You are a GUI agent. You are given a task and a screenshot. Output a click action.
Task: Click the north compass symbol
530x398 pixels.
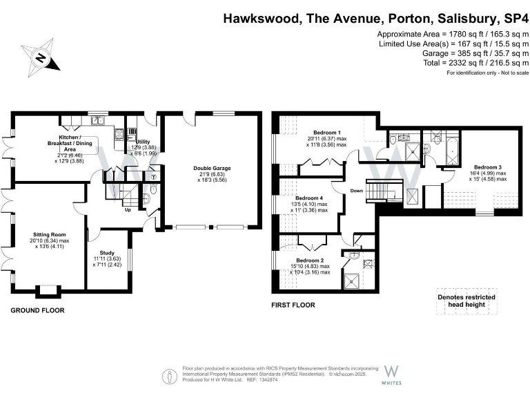(x=42, y=57)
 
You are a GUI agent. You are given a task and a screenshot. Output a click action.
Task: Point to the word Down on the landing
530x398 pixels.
(x=357, y=191)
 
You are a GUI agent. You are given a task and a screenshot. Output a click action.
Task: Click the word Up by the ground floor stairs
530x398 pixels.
(x=128, y=210)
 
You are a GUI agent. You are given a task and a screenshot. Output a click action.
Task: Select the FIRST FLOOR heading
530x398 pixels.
(x=293, y=305)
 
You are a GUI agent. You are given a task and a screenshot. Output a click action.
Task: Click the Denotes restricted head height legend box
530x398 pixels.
(x=467, y=301)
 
